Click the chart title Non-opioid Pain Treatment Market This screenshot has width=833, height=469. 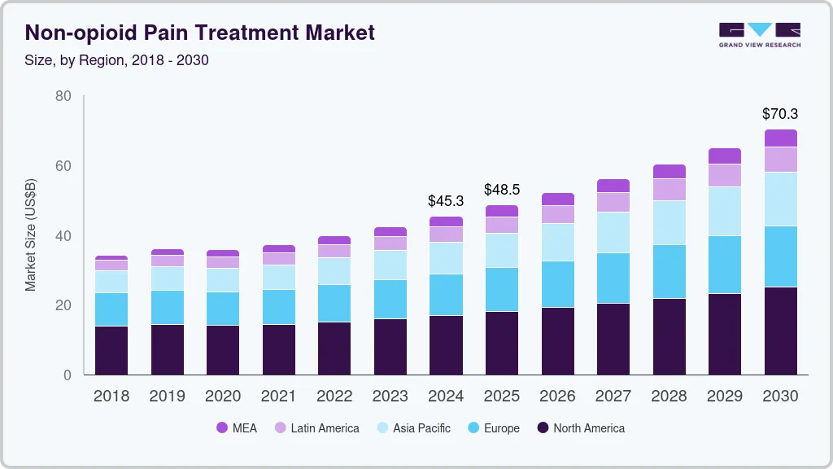click(200, 33)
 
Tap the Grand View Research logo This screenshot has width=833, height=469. click(759, 35)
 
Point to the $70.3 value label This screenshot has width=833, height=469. click(779, 114)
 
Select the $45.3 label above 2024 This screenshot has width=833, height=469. click(446, 200)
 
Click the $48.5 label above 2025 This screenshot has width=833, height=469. click(501, 190)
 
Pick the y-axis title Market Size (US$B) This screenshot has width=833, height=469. click(30, 235)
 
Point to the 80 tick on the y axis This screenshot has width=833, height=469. click(63, 96)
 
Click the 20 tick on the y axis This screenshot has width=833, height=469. click(63, 305)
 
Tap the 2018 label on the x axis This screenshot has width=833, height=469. click(111, 397)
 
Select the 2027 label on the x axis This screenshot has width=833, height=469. click(613, 397)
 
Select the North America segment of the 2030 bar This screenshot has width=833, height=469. click(780, 331)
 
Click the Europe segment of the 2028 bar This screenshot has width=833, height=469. click(669, 271)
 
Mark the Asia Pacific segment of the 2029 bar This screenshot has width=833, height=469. click(724, 211)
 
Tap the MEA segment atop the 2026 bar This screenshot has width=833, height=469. click(557, 199)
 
